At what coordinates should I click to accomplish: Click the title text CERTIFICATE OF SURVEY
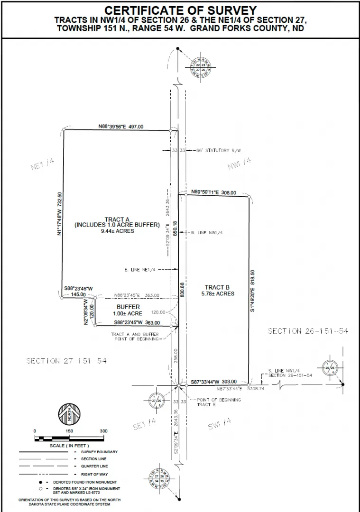pos(180,10)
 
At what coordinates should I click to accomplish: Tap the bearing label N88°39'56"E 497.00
pos(120,127)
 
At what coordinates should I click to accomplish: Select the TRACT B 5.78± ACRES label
pos(217,290)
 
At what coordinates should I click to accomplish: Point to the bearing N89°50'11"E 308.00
pos(214,192)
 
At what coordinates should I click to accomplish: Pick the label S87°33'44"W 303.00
pos(214,382)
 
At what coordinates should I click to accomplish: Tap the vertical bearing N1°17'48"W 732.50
pos(60,214)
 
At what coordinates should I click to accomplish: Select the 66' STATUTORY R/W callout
pos(219,150)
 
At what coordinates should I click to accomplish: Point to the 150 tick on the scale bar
pos(69,431)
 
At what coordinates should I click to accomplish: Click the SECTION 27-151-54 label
pos(66,361)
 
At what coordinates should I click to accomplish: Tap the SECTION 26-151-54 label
pos(308,331)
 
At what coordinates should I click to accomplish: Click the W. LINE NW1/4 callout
pos(207,233)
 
